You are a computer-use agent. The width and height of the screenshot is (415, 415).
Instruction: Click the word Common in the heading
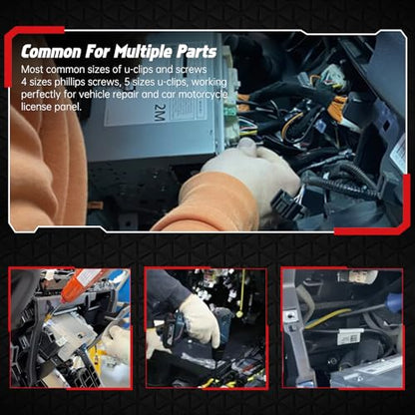point(51,52)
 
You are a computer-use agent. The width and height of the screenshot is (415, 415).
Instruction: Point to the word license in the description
point(36,107)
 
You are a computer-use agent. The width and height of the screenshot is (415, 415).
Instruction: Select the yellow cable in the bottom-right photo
point(327,318)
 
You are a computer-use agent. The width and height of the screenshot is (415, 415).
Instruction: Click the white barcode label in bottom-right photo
point(350,336)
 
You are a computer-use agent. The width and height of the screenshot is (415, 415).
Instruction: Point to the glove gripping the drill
point(201,318)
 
